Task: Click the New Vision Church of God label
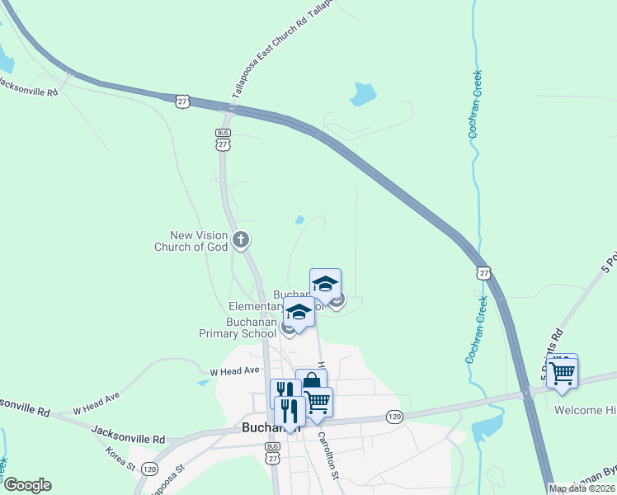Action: pos(191,241)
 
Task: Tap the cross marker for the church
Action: pos(241,241)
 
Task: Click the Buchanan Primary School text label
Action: pos(238,328)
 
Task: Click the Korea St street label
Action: pos(120,460)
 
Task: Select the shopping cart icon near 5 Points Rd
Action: pos(562,371)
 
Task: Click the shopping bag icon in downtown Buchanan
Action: pos(311,383)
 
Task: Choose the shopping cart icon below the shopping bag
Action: pos(318,402)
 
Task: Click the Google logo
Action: pos(26,485)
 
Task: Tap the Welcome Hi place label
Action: pos(585,410)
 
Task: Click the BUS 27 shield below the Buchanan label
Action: pos(273,454)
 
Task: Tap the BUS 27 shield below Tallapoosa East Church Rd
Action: pos(223,139)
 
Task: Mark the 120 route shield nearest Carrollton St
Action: pos(394,417)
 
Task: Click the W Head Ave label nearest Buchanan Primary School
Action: pos(234,372)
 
